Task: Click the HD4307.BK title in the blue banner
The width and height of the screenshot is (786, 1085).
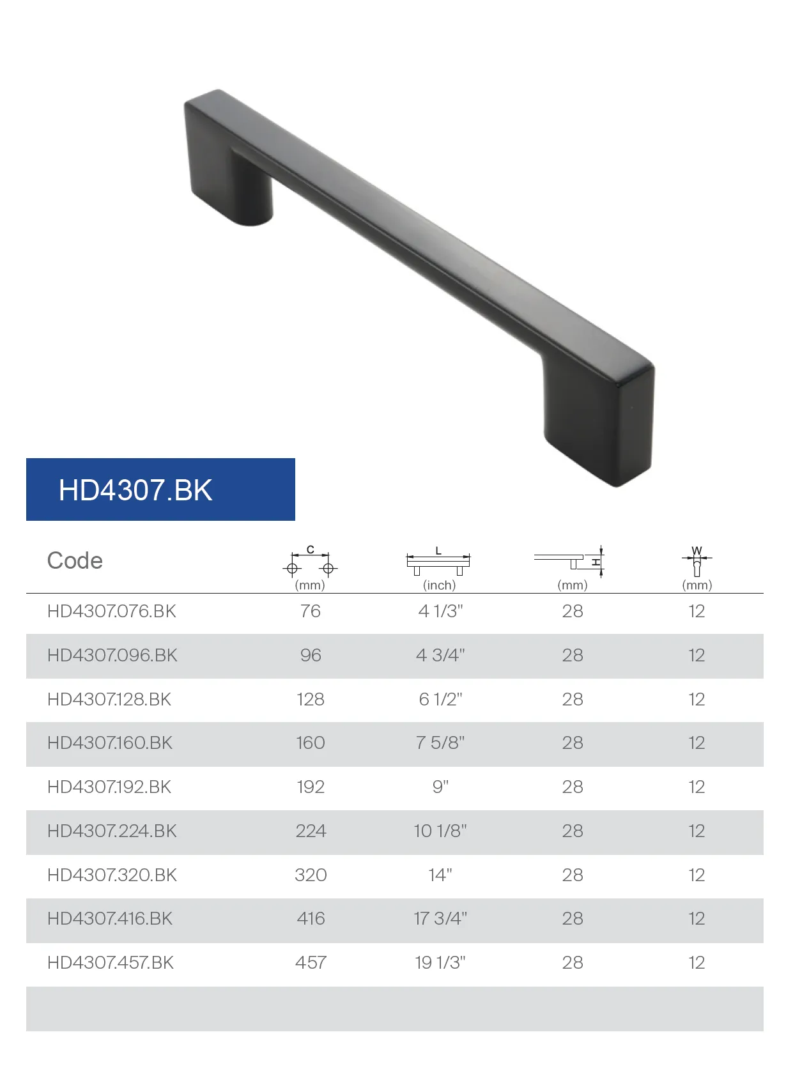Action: click(135, 489)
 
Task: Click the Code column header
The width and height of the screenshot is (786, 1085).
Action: click(75, 560)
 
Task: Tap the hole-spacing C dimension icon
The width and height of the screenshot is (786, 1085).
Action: click(310, 561)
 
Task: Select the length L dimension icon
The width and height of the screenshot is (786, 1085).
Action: click(438, 561)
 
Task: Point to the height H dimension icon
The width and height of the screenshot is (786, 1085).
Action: click(569, 562)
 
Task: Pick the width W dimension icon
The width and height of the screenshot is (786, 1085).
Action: click(697, 561)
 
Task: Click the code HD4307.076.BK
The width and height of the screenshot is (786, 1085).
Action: click(111, 612)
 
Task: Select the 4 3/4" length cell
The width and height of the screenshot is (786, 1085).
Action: click(440, 656)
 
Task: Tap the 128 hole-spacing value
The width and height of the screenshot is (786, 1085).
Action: click(311, 700)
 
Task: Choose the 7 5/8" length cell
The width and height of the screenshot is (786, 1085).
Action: click(440, 743)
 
